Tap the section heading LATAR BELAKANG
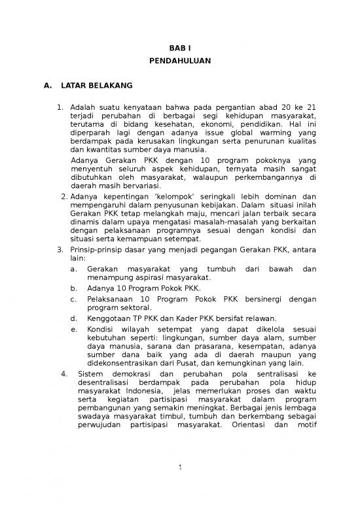click(97, 85)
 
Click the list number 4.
click(63, 374)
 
